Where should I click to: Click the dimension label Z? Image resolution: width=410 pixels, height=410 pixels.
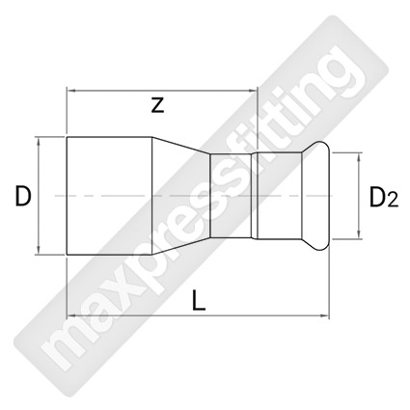pyautogui.click(x=157, y=105)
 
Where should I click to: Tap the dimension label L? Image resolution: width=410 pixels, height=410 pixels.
pyautogui.click(x=199, y=301)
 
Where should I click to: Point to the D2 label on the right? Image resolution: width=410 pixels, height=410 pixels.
pyautogui.click(x=384, y=197)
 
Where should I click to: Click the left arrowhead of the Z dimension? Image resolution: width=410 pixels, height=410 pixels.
pyautogui.click(x=70, y=92)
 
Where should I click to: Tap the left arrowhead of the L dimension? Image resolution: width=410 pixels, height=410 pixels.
pyautogui.click(x=70, y=316)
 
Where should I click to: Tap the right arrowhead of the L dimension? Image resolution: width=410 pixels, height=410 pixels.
pyautogui.click(x=325, y=316)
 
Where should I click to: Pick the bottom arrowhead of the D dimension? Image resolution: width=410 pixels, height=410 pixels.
pyautogui.click(x=39, y=250)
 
